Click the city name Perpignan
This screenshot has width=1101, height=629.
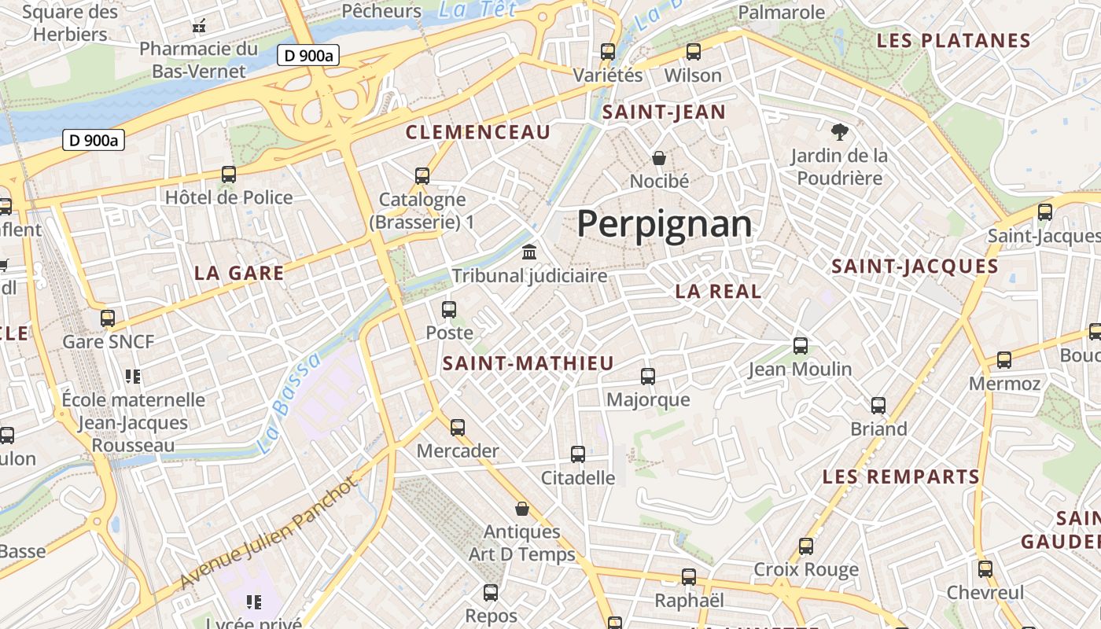[665, 224]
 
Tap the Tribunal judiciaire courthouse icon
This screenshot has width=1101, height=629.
[530, 253]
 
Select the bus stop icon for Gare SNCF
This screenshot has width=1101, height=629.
[108, 318]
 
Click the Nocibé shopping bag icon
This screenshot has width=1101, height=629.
[659, 158]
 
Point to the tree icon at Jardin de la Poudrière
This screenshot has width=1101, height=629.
[839, 131]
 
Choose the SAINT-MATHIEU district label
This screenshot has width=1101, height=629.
[528, 363]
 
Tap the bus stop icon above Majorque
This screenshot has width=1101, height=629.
[648, 377]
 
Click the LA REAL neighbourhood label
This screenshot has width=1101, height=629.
[718, 291]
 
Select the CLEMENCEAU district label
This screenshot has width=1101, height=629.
[478, 132]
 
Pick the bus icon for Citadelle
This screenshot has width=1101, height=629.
[578, 454]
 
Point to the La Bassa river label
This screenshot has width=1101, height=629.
[290, 402]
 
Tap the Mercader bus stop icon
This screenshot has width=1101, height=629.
[458, 428]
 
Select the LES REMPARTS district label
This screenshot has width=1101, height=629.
[901, 476]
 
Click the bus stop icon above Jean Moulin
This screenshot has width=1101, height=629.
[801, 345]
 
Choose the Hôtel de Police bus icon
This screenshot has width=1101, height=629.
[229, 175]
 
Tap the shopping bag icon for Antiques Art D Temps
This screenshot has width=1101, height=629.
[521, 509]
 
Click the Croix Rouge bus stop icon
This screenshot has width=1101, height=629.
[806, 546]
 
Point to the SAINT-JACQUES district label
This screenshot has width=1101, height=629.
[915, 267]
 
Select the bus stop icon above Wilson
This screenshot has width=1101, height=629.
[693, 52]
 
